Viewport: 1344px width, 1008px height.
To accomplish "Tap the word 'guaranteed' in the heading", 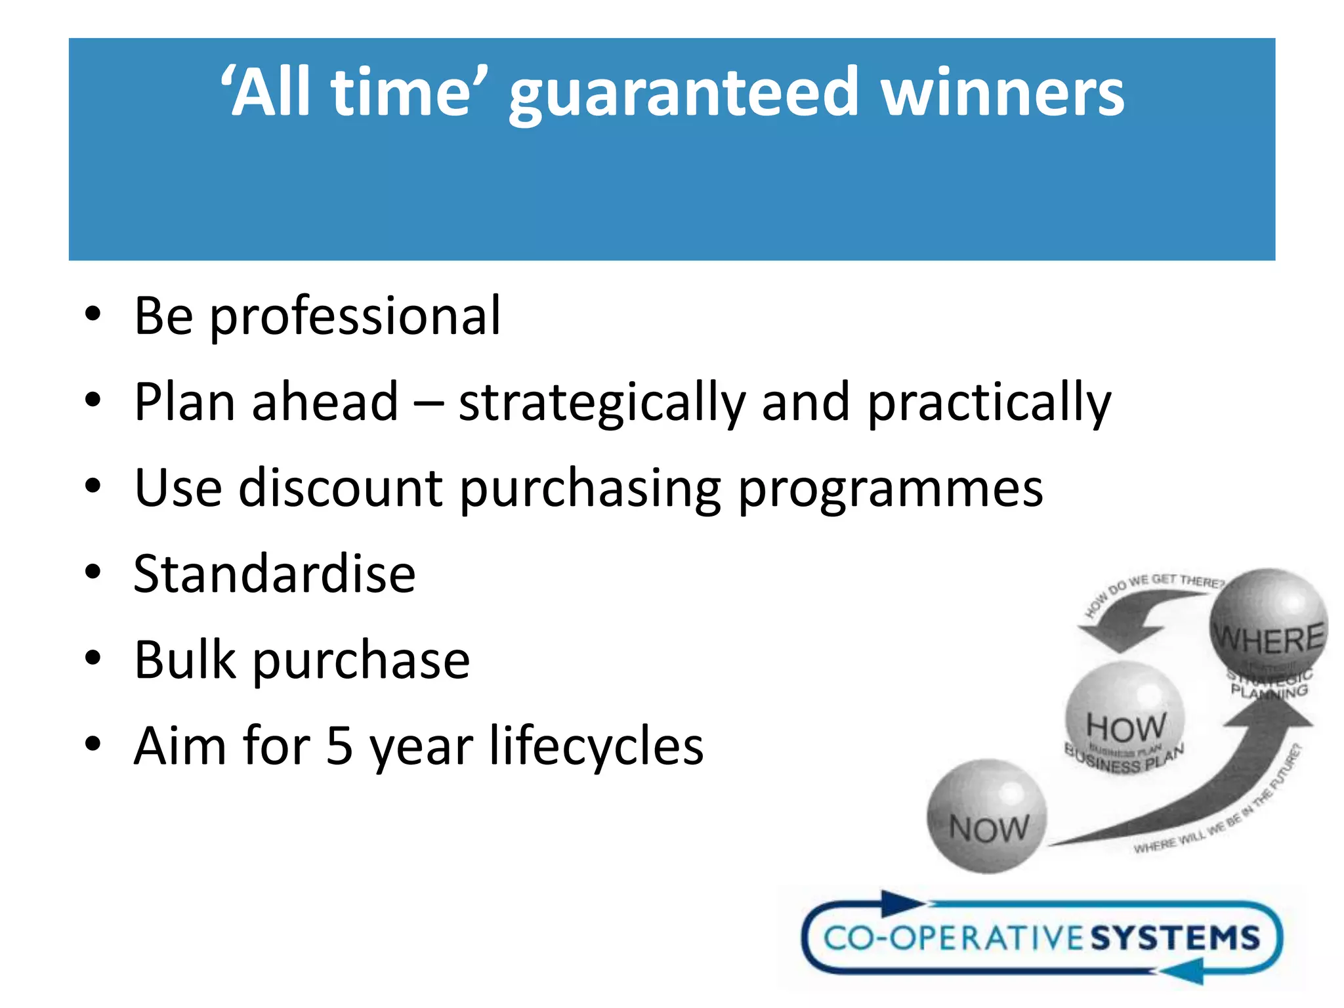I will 683,96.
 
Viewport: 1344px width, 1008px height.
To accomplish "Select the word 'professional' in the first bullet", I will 355,318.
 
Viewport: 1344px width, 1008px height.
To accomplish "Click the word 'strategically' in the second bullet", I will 602,404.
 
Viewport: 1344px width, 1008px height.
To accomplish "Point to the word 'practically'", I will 989,404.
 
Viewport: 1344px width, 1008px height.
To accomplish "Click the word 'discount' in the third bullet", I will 341,488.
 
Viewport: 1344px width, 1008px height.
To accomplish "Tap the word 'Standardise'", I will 274,574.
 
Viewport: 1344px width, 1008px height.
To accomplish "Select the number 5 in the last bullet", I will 339,746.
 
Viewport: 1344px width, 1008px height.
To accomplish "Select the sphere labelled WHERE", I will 1268,623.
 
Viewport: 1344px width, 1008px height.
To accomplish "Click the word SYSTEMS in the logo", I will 1175,938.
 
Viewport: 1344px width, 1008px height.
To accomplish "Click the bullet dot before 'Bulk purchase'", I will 93,658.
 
